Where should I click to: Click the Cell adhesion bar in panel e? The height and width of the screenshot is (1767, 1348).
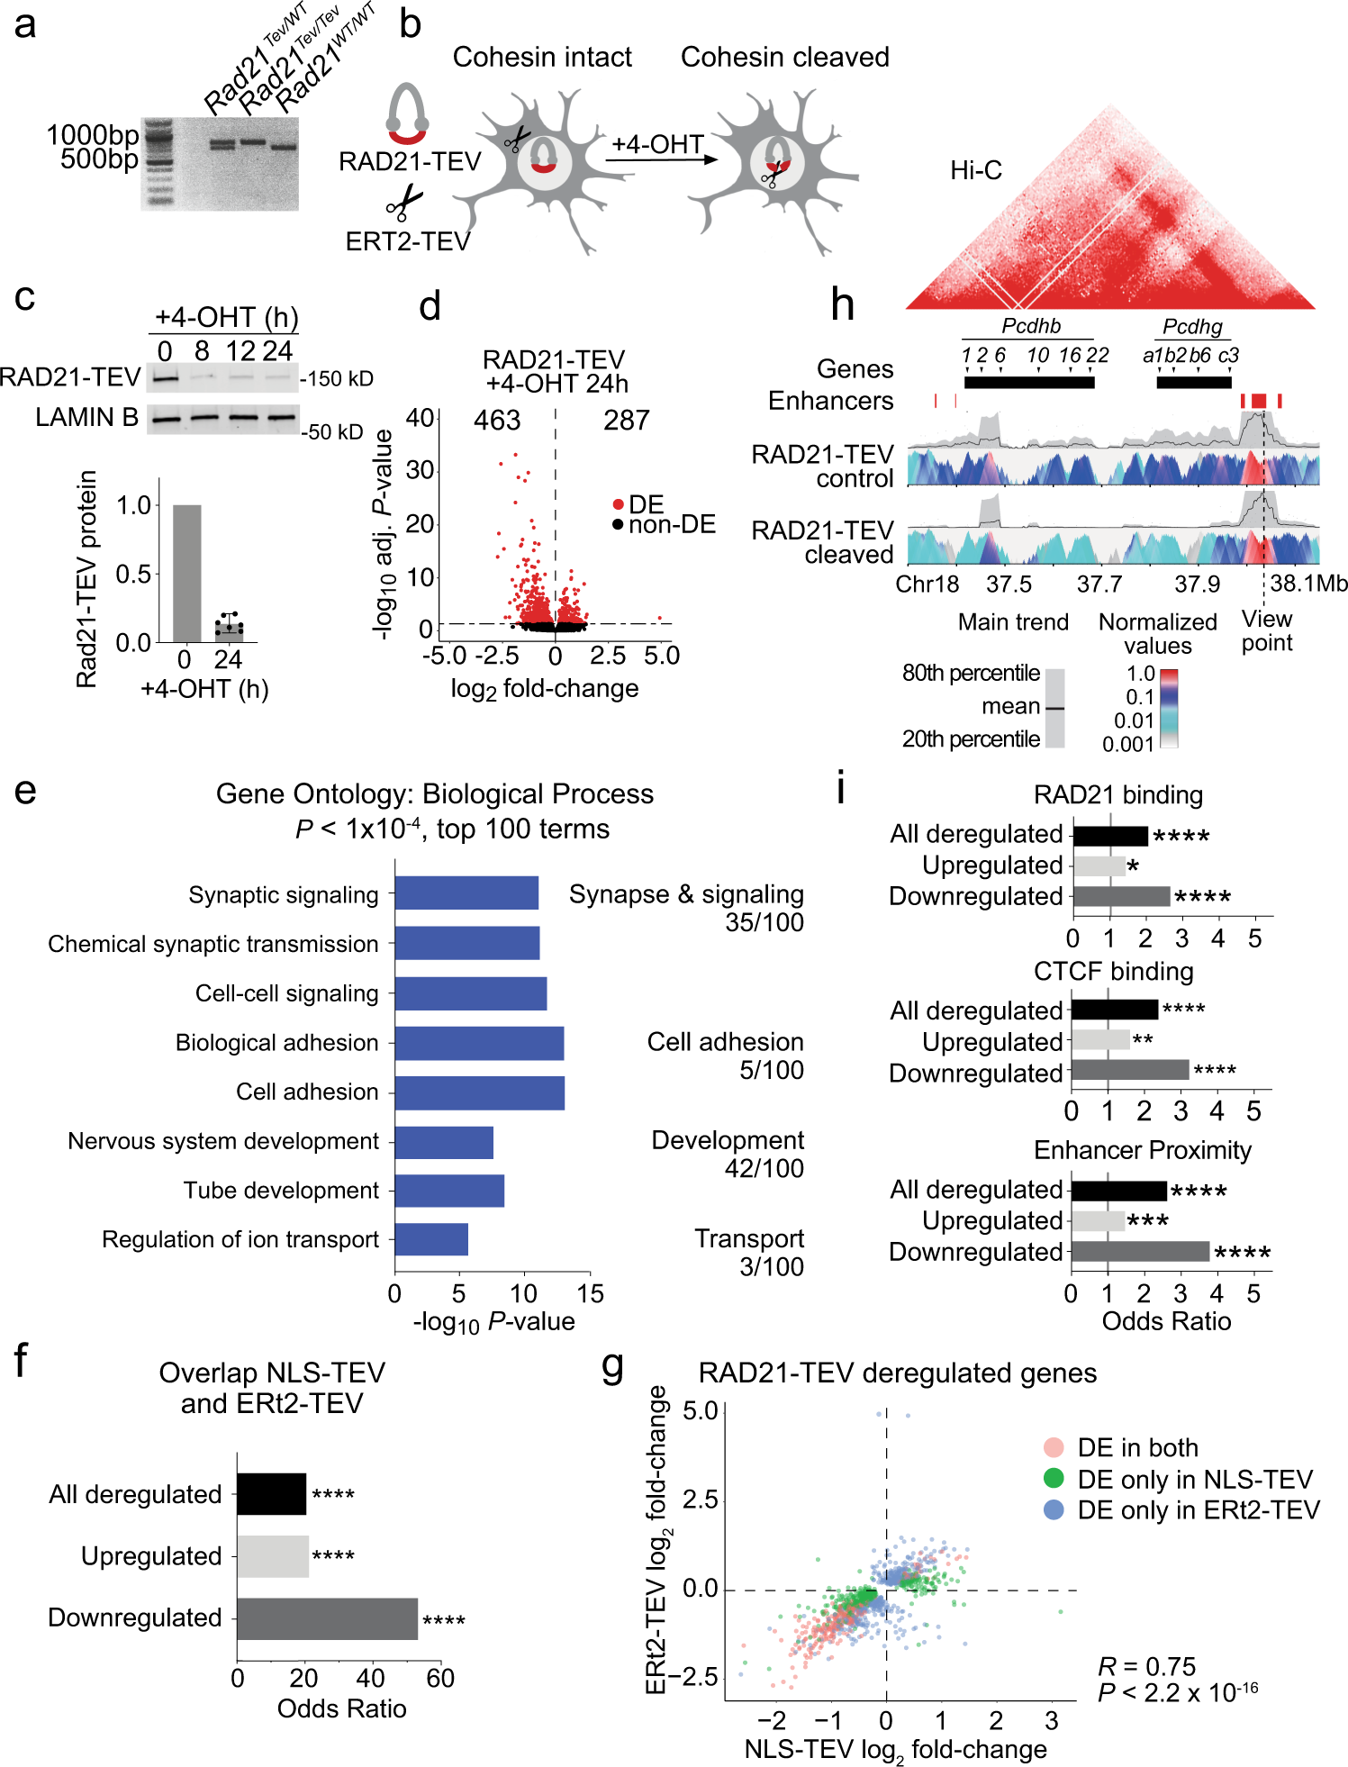479,1092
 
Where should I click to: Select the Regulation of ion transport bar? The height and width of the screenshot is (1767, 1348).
430,1239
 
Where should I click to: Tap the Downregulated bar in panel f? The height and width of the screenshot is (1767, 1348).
327,1618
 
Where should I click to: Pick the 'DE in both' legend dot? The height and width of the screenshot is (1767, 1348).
1053,1447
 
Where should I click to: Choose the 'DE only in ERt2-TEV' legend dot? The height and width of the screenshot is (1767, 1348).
1053,1509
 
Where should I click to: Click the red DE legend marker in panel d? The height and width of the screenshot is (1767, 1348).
618,504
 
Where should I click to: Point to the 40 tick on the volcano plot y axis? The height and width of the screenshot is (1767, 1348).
420,418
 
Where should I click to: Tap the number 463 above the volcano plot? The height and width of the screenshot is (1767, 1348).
497,420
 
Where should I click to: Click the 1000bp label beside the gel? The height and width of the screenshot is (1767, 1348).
93,136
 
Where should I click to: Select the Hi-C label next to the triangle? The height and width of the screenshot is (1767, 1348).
975,170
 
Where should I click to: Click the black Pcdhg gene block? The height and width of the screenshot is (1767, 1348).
1193,382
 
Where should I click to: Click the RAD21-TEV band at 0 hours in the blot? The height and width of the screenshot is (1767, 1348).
164,378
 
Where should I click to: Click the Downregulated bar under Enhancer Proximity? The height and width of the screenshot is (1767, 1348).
1140,1252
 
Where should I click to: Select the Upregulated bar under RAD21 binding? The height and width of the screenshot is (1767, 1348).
1099,865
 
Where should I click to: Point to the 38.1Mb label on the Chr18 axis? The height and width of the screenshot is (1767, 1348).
1308,584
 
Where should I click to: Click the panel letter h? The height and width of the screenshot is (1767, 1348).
842,304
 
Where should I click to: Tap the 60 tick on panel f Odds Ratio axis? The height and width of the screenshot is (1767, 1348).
440,1678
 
